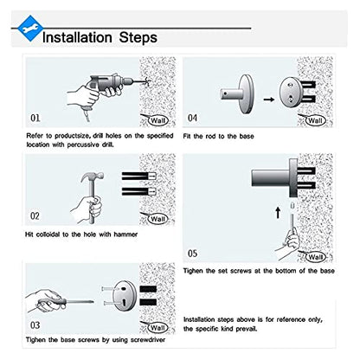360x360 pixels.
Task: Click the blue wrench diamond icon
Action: click(30, 29)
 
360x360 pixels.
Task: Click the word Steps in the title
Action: click(138, 38)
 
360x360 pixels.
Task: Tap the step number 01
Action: click(35, 118)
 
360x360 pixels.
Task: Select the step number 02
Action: click(35, 215)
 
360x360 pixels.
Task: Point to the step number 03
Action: click(35, 325)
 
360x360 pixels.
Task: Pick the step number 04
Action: click(192, 118)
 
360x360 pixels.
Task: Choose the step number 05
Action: click(192, 254)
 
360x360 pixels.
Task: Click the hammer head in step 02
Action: click(92, 177)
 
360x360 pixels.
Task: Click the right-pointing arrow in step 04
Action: click(269, 100)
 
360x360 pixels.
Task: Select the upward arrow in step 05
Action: click(278, 213)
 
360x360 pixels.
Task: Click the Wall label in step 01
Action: click(158, 120)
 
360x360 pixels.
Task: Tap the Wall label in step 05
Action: click(315, 256)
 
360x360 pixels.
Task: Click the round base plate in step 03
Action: click(125, 296)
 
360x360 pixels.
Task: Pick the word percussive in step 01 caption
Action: click(83, 145)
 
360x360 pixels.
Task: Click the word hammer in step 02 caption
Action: click(125, 235)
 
